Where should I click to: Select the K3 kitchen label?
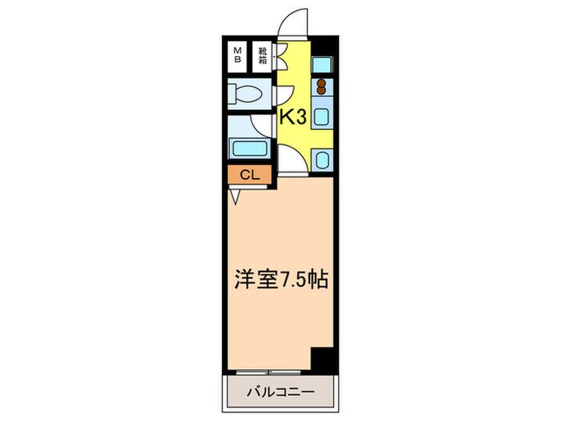293,117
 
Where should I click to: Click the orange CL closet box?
249,175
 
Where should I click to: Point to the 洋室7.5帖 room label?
279,282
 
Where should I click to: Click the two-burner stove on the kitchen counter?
321,87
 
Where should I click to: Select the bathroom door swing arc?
262,127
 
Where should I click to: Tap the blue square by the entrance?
322,63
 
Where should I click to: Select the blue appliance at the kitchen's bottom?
321,160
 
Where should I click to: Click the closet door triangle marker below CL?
235,195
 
